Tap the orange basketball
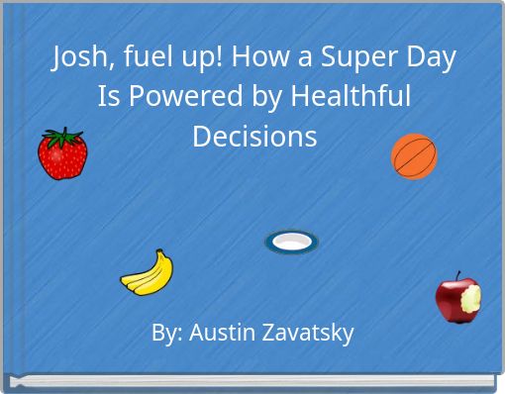pyautogui.click(x=414, y=156)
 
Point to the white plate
pyautogui.click(x=291, y=242)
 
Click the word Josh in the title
pyautogui.click(x=78, y=59)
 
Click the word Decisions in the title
pyautogui.click(x=254, y=135)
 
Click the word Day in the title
pyautogui.click(x=430, y=59)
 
